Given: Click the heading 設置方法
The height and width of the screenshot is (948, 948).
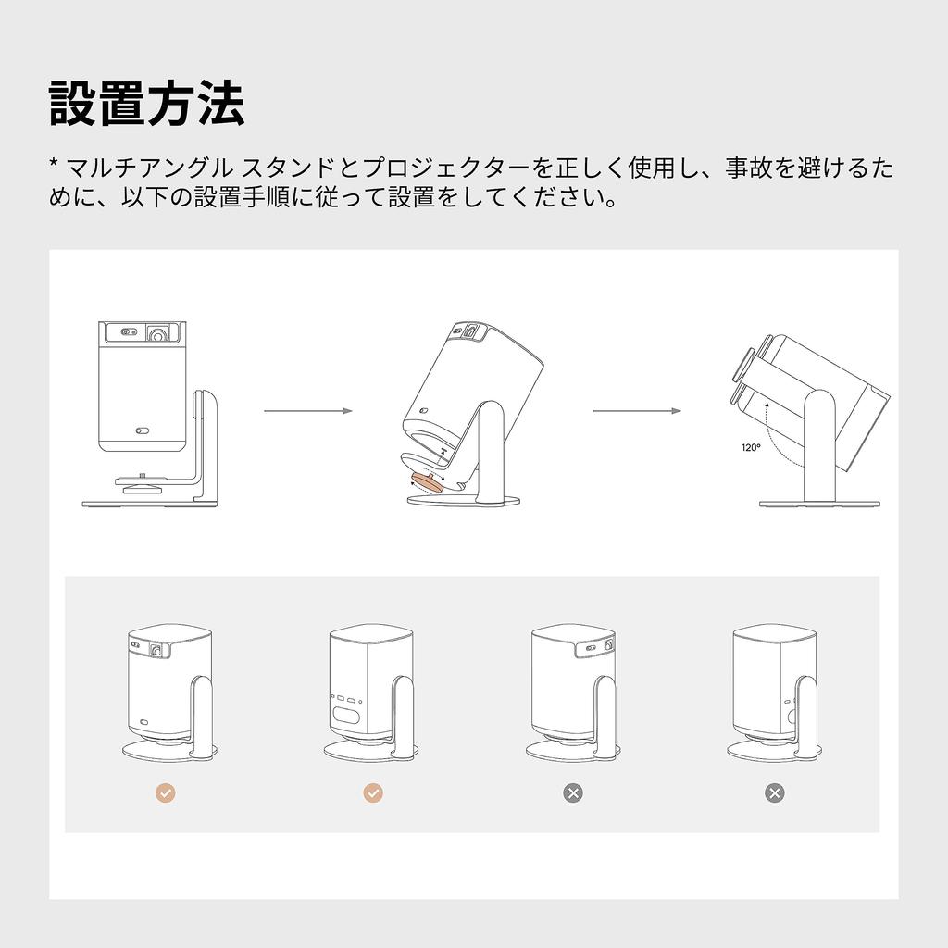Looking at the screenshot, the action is click(x=147, y=104).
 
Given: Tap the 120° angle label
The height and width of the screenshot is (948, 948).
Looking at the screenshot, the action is click(x=751, y=447).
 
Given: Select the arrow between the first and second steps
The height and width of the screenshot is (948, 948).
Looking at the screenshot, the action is click(x=308, y=411).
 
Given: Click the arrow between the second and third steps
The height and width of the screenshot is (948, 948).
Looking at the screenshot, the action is click(x=637, y=411).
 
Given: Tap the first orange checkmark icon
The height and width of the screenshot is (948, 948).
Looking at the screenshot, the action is click(x=166, y=792).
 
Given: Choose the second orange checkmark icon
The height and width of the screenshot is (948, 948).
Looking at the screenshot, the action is click(x=373, y=792).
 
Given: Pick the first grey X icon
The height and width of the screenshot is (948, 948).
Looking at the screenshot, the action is click(x=573, y=792).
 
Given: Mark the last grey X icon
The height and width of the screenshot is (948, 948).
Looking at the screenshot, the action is click(x=775, y=792).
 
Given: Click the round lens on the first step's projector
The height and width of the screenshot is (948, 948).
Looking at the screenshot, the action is click(x=159, y=333).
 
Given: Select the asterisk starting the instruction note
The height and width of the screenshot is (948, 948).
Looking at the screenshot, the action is click(x=54, y=163).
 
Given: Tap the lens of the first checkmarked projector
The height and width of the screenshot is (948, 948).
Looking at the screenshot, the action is click(x=157, y=650).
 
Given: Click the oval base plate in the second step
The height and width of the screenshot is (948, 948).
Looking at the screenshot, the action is click(x=463, y=501).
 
